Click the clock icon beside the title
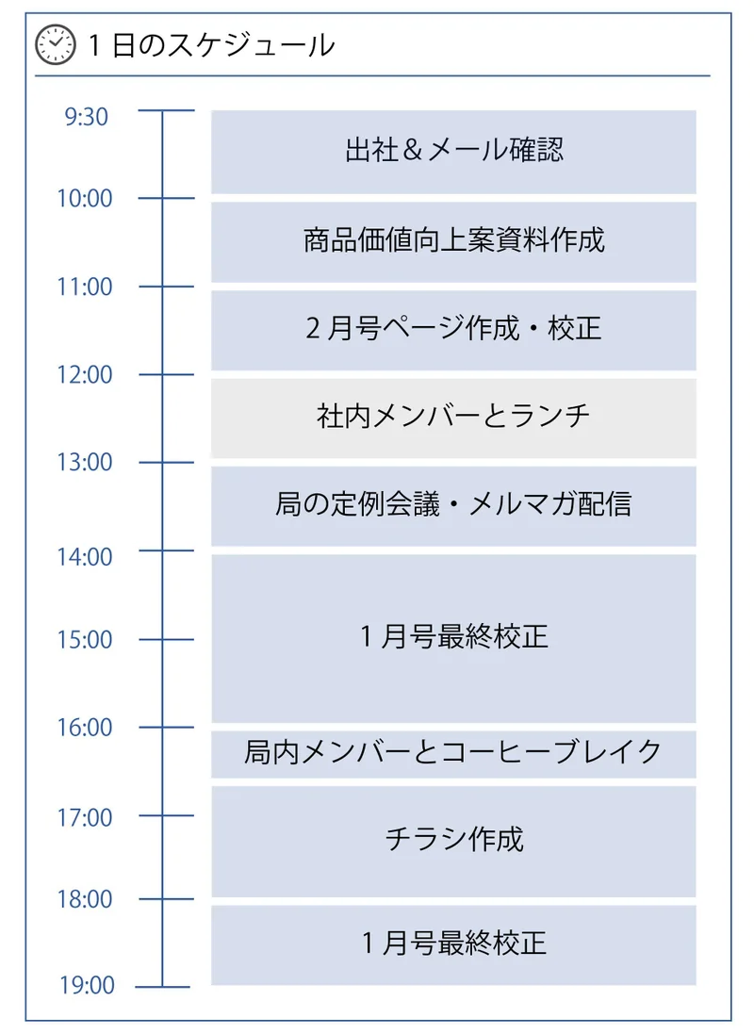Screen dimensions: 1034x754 55,44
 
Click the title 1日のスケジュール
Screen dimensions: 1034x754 210,44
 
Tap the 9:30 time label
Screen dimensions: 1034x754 87,117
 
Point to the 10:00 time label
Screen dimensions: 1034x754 84,199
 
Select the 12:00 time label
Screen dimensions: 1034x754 84,375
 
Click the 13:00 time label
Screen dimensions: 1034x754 84,463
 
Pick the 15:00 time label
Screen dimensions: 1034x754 84,640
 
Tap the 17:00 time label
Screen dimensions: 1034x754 84,817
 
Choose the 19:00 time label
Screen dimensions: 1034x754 84,987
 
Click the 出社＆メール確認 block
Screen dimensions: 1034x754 453,152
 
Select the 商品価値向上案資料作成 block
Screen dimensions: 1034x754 453,241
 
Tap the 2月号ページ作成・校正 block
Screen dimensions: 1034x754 453,330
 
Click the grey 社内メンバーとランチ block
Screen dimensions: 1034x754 453,418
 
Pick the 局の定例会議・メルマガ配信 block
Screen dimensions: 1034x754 453,506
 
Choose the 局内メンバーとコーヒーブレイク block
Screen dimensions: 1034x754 453,753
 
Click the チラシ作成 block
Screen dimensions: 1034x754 453,841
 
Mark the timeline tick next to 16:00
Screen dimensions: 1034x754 164,728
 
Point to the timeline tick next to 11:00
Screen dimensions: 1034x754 164,287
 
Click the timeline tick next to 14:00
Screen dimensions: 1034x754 164,550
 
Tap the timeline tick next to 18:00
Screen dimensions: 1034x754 164,899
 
